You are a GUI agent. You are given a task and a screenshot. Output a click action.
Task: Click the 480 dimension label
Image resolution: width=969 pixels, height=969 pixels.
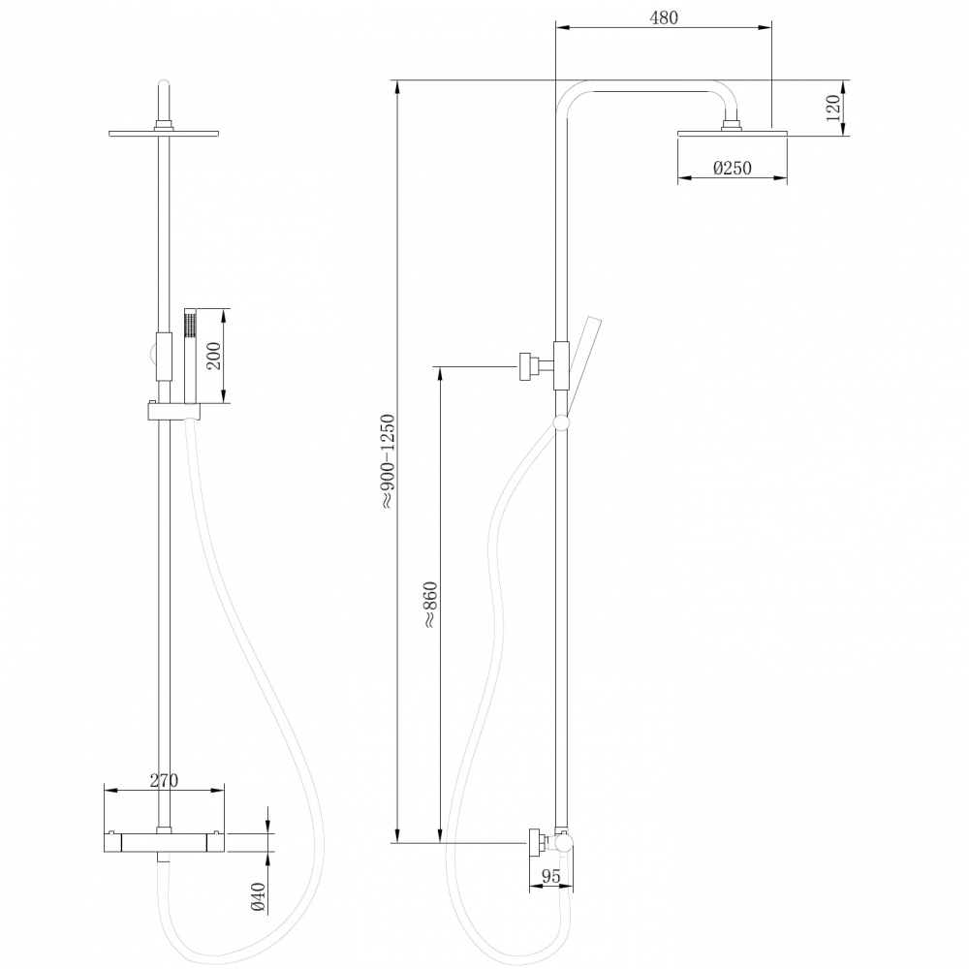pyautogui.click(x=664, y=17)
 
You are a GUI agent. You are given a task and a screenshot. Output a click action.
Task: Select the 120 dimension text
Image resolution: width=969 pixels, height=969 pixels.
pyautogui.click(x=832, y=108)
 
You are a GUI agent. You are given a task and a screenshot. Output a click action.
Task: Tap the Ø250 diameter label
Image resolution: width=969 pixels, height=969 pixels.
pyautogui.click(x=732, y=169)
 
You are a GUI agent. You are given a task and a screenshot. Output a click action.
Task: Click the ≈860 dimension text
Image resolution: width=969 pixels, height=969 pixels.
pyautogui.click(x=429, y=607)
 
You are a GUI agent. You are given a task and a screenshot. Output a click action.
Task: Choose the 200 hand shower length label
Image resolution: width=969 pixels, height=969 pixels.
pyautogui.click(x=215, y=356)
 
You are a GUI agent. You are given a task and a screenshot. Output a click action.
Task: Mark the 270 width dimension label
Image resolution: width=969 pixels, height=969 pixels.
pyautogui.click(x=165, y=781)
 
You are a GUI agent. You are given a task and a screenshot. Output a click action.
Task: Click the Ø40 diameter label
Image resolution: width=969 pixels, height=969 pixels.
pyautogui.click(x=258, y=896)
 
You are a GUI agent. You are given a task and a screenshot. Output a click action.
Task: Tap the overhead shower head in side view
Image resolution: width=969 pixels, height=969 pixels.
pyautogui.click(x=732, y=133)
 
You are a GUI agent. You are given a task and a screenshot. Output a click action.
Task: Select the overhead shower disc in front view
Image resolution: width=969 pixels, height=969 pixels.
pyautogui.click(x=165, y=132)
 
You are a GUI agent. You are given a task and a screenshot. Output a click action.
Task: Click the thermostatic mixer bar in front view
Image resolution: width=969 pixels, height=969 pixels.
pyautogui.click(x=165, y=841)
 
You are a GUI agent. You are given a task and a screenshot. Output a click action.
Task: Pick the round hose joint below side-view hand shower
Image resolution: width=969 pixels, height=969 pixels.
pyautogui.click(x=560, y=422)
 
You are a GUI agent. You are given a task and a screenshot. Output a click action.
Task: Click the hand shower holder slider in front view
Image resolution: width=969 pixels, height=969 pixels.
pyautogui.click(x=174, y=412)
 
